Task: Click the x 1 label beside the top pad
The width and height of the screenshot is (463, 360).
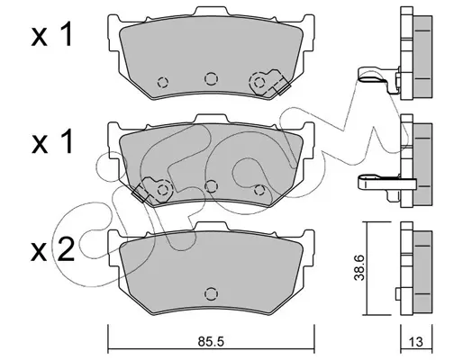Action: [x=51, y=35]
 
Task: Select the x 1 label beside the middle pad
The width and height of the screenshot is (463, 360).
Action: [x=51, y=141]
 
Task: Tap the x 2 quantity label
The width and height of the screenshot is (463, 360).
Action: [x=52, y=249]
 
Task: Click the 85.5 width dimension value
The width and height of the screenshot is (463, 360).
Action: [x=211, y=342]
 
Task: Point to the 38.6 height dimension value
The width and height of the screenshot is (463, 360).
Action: [x=359, y=267]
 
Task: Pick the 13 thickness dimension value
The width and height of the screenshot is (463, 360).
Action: [x=416, y=342]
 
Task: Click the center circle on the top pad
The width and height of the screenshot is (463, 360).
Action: [x=211, y=78]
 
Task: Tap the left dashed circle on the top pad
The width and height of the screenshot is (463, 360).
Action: [x=163, y=82]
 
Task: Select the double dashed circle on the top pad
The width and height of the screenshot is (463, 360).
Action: [x=259, y=82]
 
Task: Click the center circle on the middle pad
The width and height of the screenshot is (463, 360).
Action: [x=211, y=186]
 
